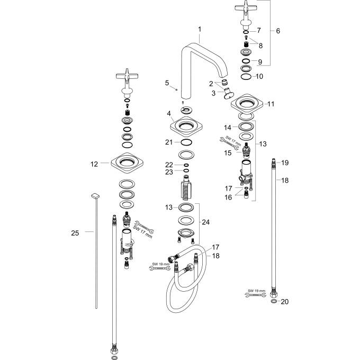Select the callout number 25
pyautogui.click(x=75, y=232)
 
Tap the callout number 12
pyautogui.click(x=94, y=164)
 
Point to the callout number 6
pyautogui.click(x=278, y=31)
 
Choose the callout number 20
pyautogui.click(x=285, y=302)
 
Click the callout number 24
pyautogui.click(x=206, y=222)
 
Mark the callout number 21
pyautogui.click(x=169, y=142)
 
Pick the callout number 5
pyautogui.click(x=167, y=83)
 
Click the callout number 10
pyautogui.click(x=259, y=76)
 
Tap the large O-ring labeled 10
pyautogui.click(x=246, y=77)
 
